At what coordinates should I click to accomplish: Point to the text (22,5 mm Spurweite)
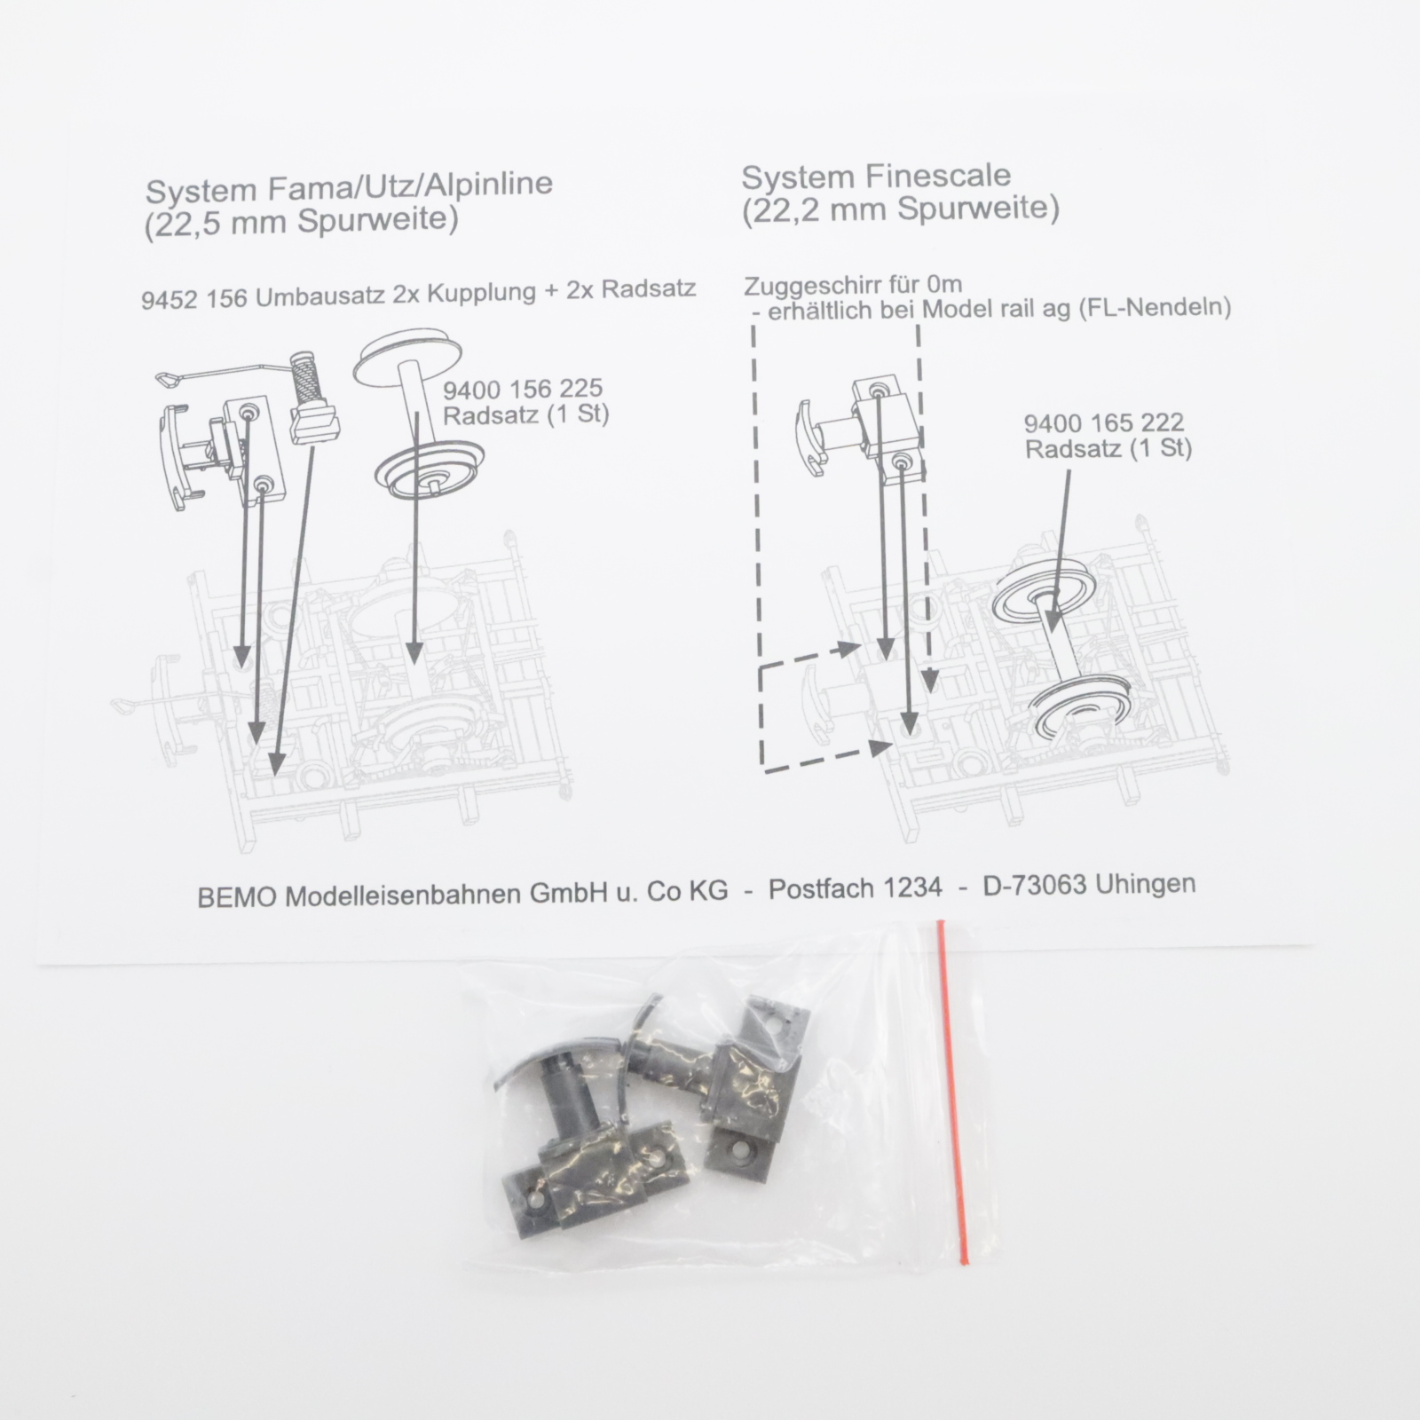(x=301, y=220)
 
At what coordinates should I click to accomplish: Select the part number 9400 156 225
(x=523, y=389)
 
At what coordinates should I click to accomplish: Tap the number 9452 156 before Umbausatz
(x=194, y=298)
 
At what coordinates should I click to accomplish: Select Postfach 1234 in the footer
(x=855, y=888)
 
